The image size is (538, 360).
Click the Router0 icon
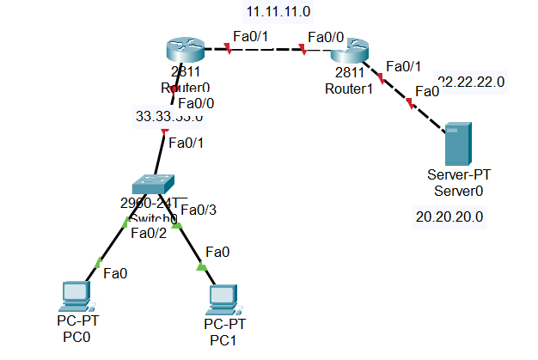pos(181,52)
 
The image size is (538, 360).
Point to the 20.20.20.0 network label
pos(449,217)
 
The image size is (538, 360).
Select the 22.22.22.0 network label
pos(471,82)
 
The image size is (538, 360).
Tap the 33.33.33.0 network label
pos(169,116)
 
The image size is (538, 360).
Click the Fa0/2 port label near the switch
pos(149,231)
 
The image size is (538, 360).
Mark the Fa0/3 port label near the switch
pos(199,209)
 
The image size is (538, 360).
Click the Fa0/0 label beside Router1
pos(326,37)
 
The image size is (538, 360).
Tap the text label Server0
pos(457,191)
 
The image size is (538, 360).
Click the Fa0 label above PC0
pos(116,274)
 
